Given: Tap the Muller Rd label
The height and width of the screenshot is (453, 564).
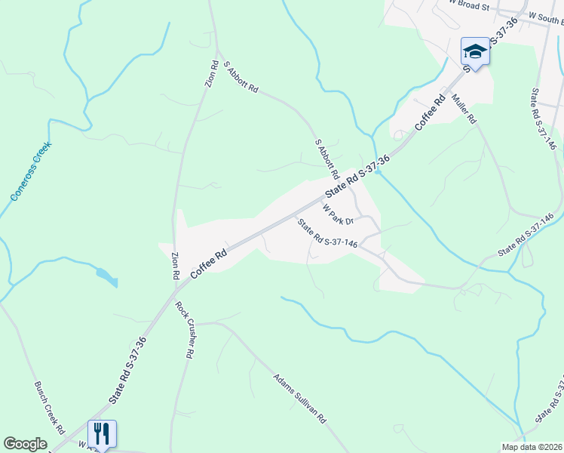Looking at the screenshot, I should pos(464,108).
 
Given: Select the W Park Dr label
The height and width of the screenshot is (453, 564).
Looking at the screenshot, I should pos(338,214).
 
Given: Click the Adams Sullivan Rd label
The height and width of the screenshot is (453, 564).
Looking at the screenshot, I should pos(299,398).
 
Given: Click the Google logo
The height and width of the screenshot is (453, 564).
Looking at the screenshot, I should pos(26,444).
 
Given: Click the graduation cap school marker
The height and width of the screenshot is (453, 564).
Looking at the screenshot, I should pos(475,51).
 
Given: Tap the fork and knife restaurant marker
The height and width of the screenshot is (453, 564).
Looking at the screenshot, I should pos(102,434).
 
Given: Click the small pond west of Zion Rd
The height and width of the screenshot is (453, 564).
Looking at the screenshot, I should pos(107,277).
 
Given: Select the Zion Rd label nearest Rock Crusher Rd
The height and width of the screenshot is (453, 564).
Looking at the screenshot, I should pos(175,266).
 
